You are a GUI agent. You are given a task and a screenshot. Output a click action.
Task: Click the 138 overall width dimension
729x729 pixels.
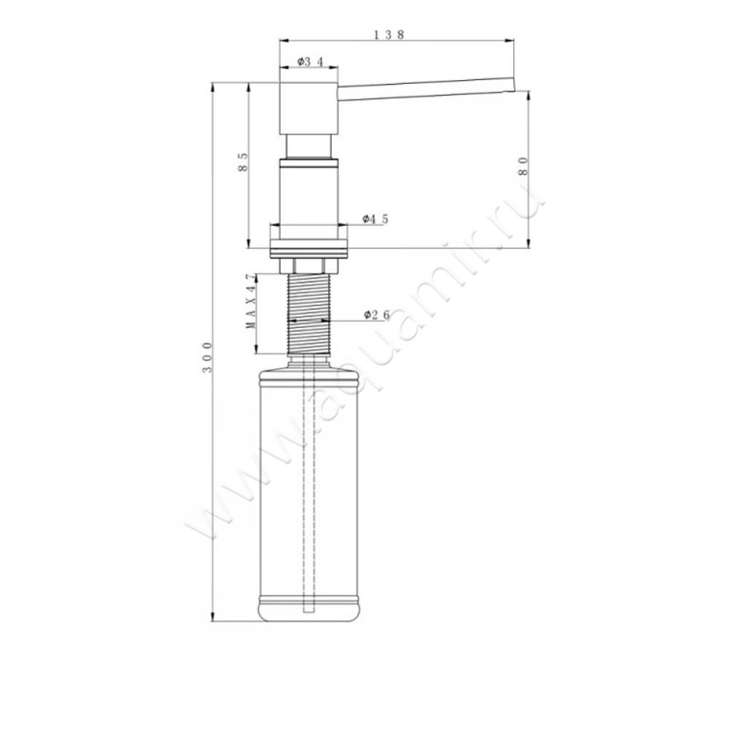pyautogui.click(x=389, y=35)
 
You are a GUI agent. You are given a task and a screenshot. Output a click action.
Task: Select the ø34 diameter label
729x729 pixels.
pyautogui.click(x=310, y=61)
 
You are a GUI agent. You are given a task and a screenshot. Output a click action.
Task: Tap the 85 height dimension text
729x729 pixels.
pyautogui.click(x=242, y=162)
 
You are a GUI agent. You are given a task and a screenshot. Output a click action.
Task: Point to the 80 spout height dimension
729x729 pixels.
pyautogui.click(x=523, y=166)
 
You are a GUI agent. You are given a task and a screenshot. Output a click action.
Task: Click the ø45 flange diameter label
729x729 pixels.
pyautogui.click(x=375, y=219)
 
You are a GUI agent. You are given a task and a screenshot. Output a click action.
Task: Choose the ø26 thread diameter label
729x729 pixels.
pyautogui.click(x=376, y=315)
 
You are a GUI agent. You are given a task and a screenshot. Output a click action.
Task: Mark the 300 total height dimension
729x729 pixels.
pyautogui.click(x=208, y=357)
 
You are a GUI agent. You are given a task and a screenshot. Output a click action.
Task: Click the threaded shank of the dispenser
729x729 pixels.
pyautogui.click(x=308, y=313)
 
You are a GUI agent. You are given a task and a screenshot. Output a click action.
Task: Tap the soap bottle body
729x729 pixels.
pyautogui.click(x=308, y=494)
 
